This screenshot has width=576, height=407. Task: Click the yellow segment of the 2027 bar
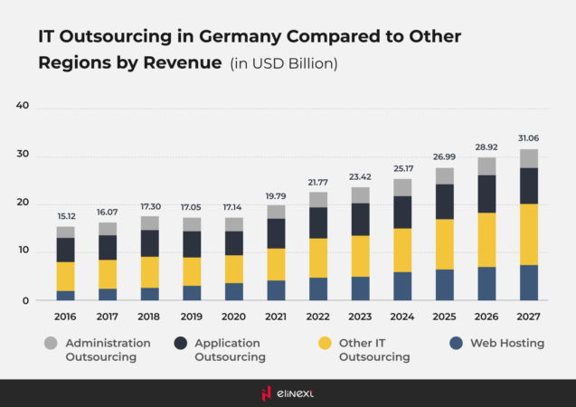coord(528,233)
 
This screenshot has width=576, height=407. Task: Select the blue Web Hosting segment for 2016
coord(65,295)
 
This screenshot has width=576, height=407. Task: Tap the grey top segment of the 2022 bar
coord(318,199)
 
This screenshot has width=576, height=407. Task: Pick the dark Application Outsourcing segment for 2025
coord(444,201)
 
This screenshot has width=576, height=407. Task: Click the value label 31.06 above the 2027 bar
coord(528,138)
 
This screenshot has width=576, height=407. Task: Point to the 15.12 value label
coord(65,216)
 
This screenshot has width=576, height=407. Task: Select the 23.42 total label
coord(360,176)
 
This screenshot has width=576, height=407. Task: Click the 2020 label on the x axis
coord(233,317)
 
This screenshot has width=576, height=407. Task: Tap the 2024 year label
coord(401,317)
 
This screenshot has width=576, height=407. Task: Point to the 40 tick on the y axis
coord(23,106)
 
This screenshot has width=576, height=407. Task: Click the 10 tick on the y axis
coord(23,251)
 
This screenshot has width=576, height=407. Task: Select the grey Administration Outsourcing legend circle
coord(50,344)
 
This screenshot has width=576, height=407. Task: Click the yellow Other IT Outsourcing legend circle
coord(323,344)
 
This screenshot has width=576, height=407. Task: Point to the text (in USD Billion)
coord(284,63)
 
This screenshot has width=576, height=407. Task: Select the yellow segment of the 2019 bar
coord(192,271)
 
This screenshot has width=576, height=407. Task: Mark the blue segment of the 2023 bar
coord(360,288)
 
